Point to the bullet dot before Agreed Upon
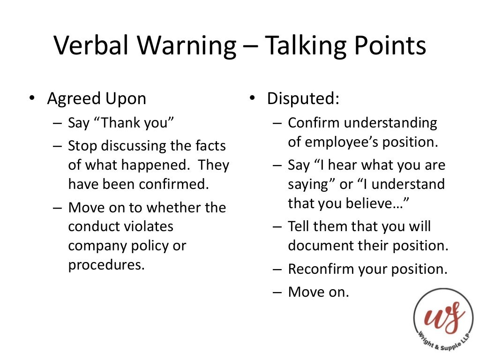31,99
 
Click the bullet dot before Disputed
252,99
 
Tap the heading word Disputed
303,99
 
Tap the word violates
149,226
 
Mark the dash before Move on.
277,292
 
